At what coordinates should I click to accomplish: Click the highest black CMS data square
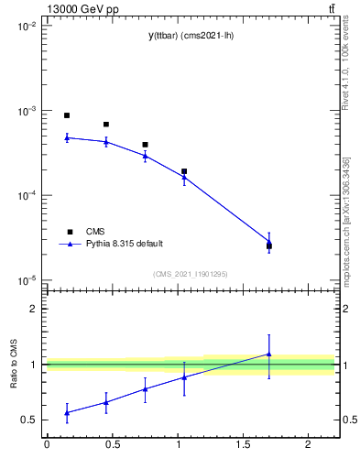(x=67, y=115)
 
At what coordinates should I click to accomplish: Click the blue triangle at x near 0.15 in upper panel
(x=67, y=137)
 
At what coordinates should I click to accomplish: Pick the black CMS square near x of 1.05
(x=184, y=171)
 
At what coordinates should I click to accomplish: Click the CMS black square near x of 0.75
(x=145, y=145)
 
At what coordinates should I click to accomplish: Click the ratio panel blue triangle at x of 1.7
(x=269, y=354)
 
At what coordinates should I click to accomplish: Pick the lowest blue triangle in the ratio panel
(x=67, y=412)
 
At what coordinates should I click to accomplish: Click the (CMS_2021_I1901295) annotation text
(x=191, y=274)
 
